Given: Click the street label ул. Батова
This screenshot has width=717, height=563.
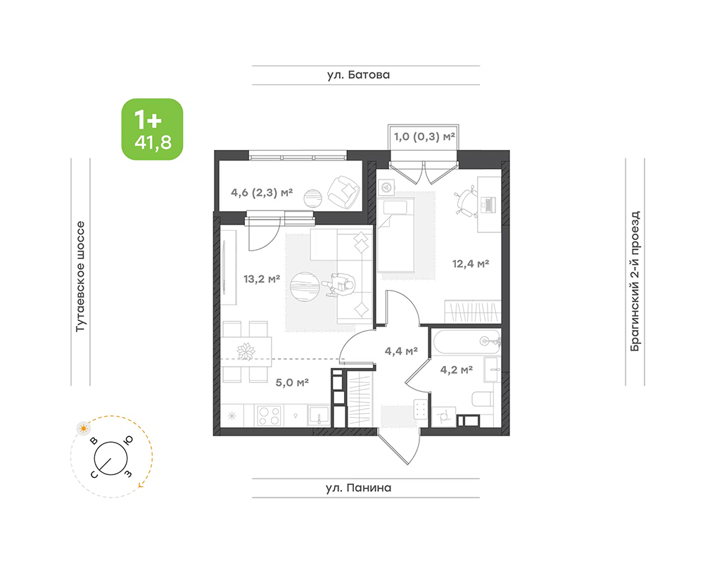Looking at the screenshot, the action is tap(359, 75).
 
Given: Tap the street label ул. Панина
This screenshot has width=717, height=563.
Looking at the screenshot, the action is tap(359, 488).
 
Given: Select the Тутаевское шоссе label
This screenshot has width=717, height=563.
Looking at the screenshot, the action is tap(80, 277).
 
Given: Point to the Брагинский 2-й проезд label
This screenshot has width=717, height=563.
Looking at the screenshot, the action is tap(635, 281).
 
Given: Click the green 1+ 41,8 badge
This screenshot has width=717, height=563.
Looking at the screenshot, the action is tap(152, 129).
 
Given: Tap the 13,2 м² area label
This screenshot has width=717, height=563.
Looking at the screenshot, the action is tap(262, 279).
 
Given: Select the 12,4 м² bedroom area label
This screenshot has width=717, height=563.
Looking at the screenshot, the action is tap(471, 264).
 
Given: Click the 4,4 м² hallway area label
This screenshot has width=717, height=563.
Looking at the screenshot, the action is tap(401, 351).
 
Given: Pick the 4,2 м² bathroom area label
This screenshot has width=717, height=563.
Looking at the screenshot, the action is tap(457, 369).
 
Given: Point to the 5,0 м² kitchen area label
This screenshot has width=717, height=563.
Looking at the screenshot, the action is tap(292, 382).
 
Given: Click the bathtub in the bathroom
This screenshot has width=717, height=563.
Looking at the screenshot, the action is tap(467, 341).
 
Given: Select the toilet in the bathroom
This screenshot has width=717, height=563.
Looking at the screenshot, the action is tap(482, 399).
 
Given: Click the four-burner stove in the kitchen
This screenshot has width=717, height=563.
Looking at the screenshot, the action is tap(268, 416).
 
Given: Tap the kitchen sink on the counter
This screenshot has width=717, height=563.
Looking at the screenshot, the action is tap(318, 416).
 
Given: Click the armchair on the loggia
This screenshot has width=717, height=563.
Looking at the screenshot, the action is tap(343, 192).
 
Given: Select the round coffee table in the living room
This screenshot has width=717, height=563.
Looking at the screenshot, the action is tap(304, 286).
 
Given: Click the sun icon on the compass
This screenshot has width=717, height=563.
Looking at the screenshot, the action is tap(83, 429).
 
